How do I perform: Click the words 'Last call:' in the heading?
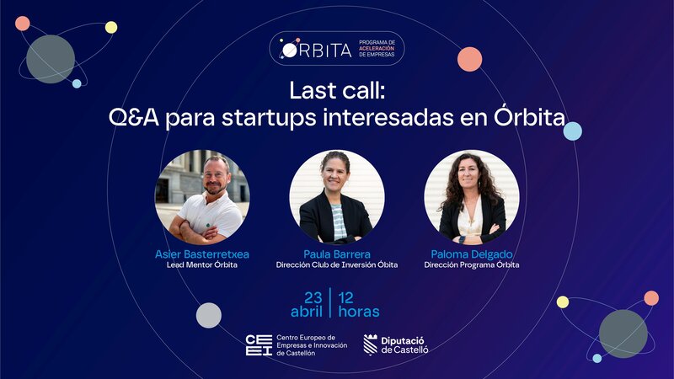[x=336, y=90]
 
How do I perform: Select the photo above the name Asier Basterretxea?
[x=202, y=197]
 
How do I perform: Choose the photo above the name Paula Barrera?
[x=336, y=197]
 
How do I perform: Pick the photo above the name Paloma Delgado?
[x=471, y=197]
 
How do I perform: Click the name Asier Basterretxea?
[x=202, y=254]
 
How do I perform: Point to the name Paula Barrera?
[x=336, y=254]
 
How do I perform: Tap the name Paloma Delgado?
[x=471, y=254]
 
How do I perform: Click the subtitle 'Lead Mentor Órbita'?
[x=202, y=265]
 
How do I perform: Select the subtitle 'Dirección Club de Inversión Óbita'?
[x=336, y=265]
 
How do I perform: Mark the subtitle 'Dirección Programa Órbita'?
[x=471, y=265]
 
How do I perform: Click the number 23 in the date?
[x=313, y=296]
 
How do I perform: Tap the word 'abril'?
[x=307, y=312]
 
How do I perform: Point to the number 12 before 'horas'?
[x=347, y=296]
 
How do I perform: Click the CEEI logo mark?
[x=257, y=344]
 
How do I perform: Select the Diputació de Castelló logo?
[x=396, y=344]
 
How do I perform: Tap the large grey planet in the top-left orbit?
[x=51, y=59]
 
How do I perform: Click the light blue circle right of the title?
[x=573, y=131]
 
